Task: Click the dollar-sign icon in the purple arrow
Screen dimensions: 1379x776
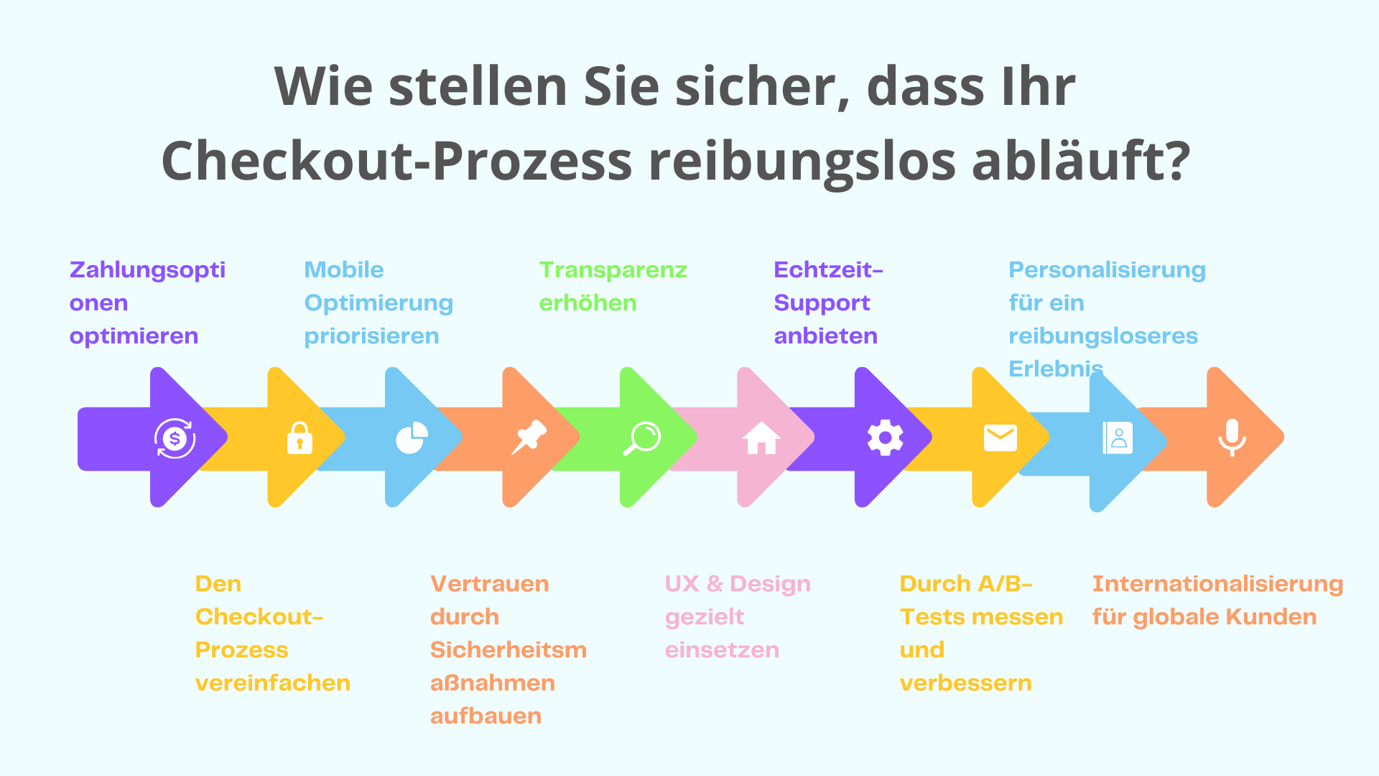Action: click(175, 438)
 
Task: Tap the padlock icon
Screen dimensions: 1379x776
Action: click(300, 438)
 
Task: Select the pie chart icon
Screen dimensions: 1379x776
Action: click(412, 438)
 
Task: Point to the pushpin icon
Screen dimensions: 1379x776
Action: click(529, 437)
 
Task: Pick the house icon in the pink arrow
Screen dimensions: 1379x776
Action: click(761, 438)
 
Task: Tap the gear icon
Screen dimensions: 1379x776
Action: click(885, 438)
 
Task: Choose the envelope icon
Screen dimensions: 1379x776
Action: click(1000, 438)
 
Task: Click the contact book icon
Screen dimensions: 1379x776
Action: click(1118, 438)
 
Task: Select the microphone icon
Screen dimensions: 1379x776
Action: click(1232, 437)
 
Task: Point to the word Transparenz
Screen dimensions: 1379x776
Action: click(613, 270)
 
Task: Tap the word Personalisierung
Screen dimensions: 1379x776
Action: click(1107, 270)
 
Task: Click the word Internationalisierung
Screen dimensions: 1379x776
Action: click(1217, 584)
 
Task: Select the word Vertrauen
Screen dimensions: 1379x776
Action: click(489, 584)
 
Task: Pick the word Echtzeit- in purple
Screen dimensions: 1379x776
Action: click(828, 270)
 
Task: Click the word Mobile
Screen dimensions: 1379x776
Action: click(344, 270)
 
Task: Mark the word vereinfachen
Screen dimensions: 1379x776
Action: click(273, 683)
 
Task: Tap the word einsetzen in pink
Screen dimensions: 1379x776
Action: click(722, 650)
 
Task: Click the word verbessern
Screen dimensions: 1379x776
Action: click(965, 683)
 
